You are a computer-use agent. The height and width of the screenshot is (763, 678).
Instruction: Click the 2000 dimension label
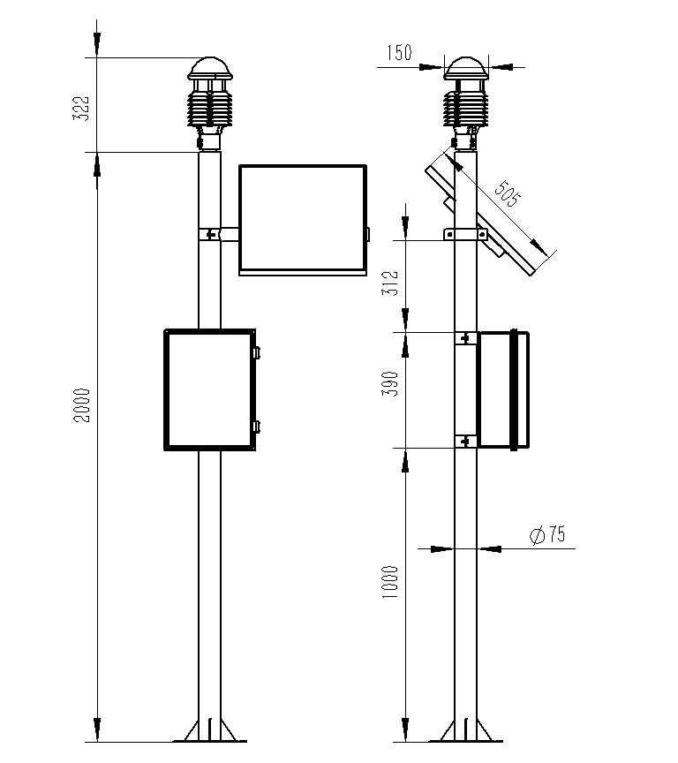point(81,404)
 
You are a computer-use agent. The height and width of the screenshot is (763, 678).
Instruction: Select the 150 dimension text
point(398,53)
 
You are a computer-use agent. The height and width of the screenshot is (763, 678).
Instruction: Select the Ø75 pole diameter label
point(546,535)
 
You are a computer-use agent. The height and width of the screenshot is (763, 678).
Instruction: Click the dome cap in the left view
point(209,69)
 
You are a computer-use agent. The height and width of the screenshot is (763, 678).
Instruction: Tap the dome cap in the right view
point(465,69)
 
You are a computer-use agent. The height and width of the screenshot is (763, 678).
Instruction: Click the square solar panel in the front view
point(302,218)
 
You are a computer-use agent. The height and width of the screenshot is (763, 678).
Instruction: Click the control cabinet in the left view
point(209,389)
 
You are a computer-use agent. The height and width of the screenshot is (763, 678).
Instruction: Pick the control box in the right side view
point(503,389)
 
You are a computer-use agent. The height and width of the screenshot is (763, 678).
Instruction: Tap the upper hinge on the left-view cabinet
point(256,351)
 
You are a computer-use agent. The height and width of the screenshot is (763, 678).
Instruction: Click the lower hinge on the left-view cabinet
point(256,427)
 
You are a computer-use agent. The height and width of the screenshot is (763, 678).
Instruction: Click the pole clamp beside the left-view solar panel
point(212,234)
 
